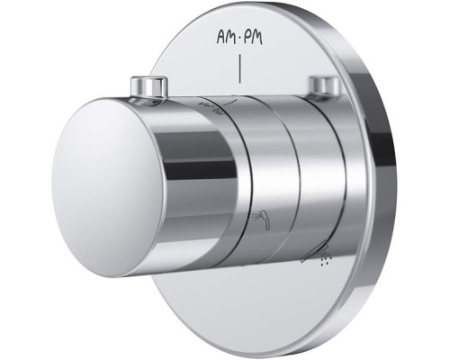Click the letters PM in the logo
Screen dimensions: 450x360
click(253, 38)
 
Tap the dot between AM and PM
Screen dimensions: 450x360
click(238, 38)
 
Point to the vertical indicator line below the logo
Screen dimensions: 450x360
click(239, 68)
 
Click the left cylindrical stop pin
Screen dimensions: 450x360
click(148, 87)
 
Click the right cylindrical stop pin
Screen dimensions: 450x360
click(325, 85)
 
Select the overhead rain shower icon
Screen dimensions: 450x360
click(315, 254)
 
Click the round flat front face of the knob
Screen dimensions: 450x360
click(108, 186)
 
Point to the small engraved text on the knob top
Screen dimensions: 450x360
click(209, 108)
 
